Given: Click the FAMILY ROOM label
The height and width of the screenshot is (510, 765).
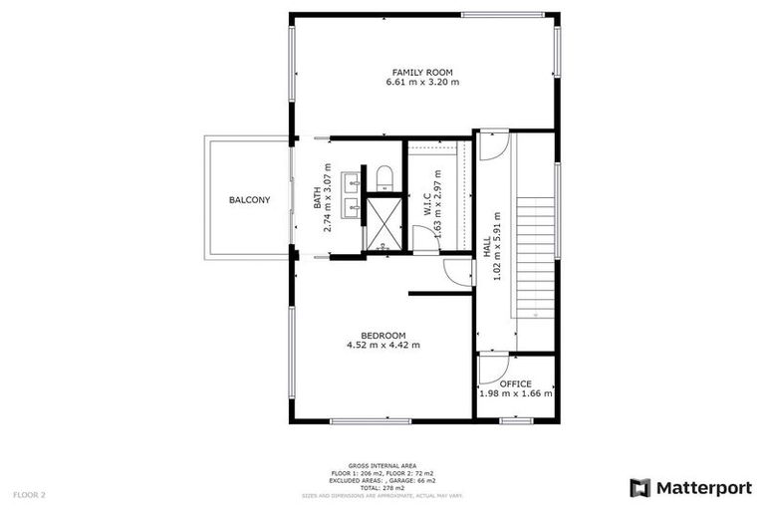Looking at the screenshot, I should [x=422, y=73].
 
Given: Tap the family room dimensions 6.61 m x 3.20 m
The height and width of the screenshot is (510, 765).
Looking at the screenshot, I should [x=422, y=83].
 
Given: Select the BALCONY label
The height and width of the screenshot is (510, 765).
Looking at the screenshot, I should [x=249, y=200].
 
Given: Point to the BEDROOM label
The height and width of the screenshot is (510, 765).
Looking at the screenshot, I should [x=383, y=335].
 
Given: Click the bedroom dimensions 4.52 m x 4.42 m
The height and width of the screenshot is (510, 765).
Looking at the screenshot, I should [x=383, y=346].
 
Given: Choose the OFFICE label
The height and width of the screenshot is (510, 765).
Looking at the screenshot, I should [x=515, y=383].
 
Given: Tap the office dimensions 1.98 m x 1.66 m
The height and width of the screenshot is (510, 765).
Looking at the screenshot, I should [x=515, y=394].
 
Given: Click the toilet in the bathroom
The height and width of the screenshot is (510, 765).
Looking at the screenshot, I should [x=384, y=177].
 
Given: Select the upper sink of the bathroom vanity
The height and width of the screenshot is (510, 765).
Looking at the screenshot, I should [x=352, y=182].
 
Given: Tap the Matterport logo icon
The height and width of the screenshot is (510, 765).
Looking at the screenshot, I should [x=640, y=487].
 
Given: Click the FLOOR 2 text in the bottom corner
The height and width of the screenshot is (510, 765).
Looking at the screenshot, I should [x=29, y=494].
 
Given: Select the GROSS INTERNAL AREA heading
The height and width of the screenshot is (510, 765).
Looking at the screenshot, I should [x=382, y=464].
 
